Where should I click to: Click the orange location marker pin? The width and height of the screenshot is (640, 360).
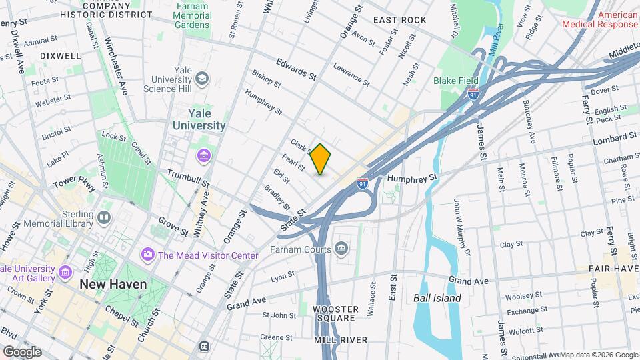point(321,159)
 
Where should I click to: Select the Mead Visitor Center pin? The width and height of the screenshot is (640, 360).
point(147,255)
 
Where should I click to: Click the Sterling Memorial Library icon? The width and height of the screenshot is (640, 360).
point(103,217)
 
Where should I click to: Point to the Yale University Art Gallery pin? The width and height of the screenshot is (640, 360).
point(65,273)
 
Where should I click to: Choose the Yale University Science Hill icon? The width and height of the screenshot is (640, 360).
point(203,79)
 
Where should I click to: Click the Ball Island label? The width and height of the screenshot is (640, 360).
point(437,298)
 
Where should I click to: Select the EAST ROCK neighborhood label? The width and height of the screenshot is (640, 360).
point(399,20)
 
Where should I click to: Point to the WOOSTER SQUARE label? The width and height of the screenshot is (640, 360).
point(337,314)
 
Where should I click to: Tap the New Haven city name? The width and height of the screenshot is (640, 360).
point(113,285)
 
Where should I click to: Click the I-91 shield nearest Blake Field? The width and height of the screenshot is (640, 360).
point(473,95)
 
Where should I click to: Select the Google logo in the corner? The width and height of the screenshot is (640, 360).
point(21,351)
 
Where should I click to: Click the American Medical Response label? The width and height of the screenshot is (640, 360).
point(599,19)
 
